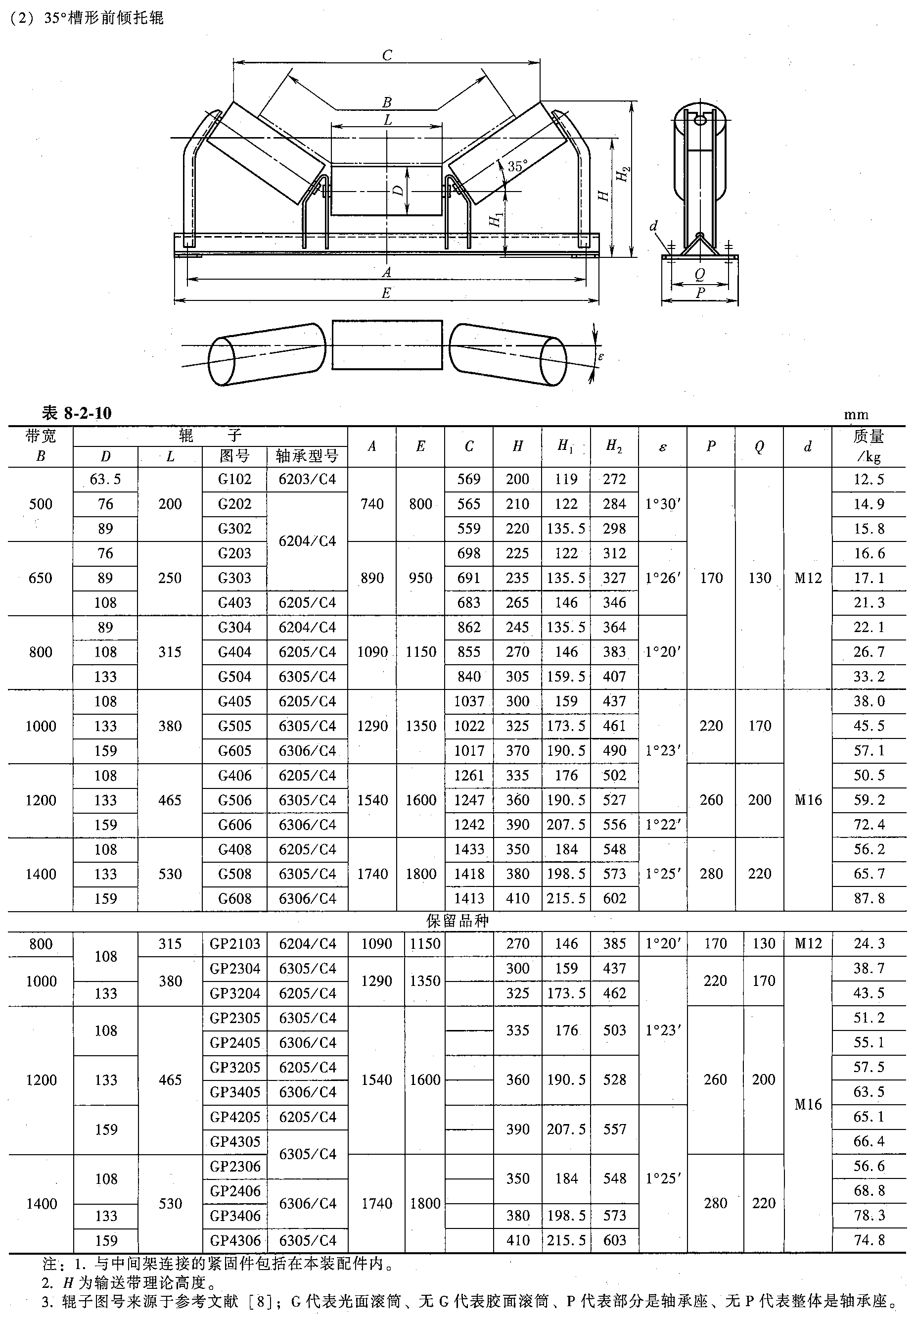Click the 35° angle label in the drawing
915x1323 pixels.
(x=517, y=166)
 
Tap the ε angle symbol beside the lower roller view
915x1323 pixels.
(x=601, y=356)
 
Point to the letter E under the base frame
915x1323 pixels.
(x=386, y=293)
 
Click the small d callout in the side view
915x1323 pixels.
(x=653, y=226)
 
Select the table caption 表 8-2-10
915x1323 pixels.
(x=77, y=413)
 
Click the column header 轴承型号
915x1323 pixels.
(x=307, y=456)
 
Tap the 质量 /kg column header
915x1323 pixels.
(x=869, y=446)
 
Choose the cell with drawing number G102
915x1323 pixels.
(x=234, y=479)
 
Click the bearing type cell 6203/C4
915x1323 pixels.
(x=307, y=479)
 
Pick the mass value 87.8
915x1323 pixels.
(x=869, y=898)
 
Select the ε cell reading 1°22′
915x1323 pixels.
(x=663, y=825)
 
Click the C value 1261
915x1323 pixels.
(x=469, y=775)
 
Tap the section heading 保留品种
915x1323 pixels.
(x=457, y=922)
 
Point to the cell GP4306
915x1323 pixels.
(x=234, y=1240)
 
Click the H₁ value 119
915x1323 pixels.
(x=566, y=479)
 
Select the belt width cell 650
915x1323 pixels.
(x=41, y=578)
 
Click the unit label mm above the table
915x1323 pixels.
(x=856, y=415)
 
